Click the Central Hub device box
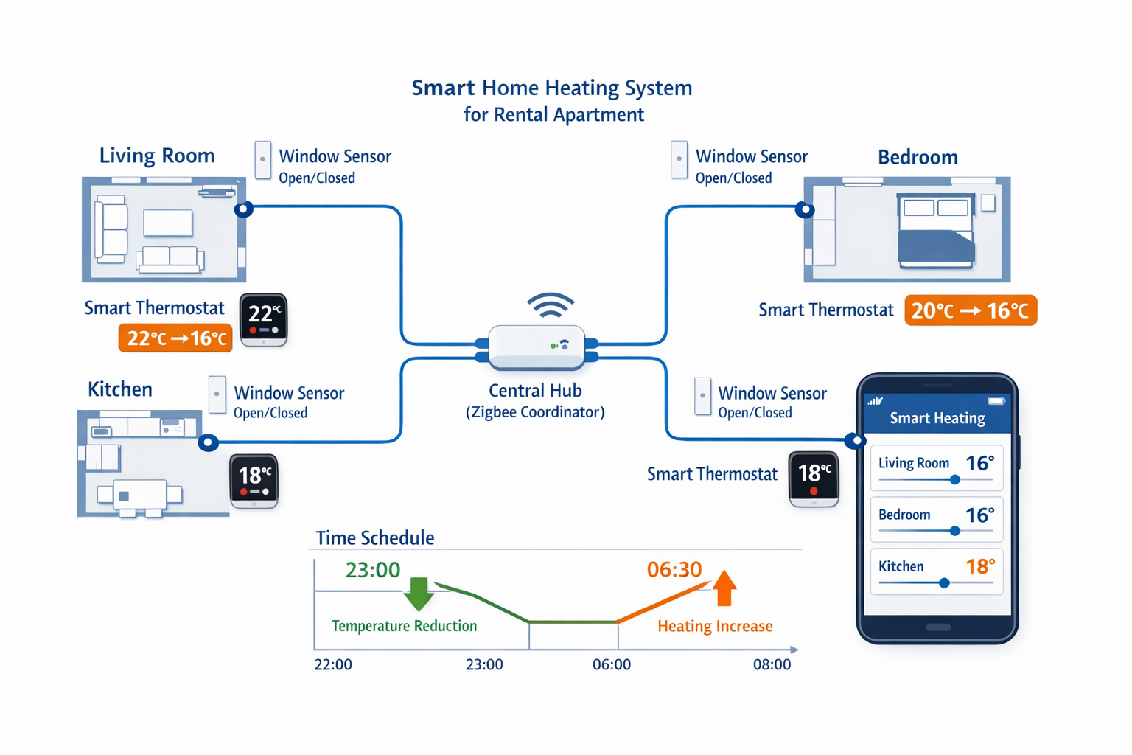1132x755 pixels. tap(537, 347)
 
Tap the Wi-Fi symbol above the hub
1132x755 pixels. tap(551, 305)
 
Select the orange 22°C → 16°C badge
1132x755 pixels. tap(175, 338)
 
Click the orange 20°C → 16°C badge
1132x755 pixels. tap(970, 310)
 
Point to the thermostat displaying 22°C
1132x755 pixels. tap(263, 319)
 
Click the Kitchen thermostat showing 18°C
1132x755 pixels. tap(254, 481)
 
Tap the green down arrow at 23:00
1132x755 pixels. tap(419, 594)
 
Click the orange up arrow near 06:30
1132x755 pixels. tap(724, 588)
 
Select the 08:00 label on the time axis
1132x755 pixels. tap(772, 664)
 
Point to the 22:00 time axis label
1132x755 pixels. tap(333, 664)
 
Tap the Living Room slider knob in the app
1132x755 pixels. tap(955, 480)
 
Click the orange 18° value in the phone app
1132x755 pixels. tap(980, 566)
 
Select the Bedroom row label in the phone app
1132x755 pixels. tap(904, 515)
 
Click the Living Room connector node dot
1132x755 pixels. tap(244, 209)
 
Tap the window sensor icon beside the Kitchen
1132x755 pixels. tap(217, 395)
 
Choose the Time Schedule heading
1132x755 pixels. tap(375, 538)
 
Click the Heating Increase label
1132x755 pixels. tap(715, 626)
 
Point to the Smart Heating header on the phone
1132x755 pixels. tap(937, 418)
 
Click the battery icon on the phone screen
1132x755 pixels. tap(996, 401)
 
